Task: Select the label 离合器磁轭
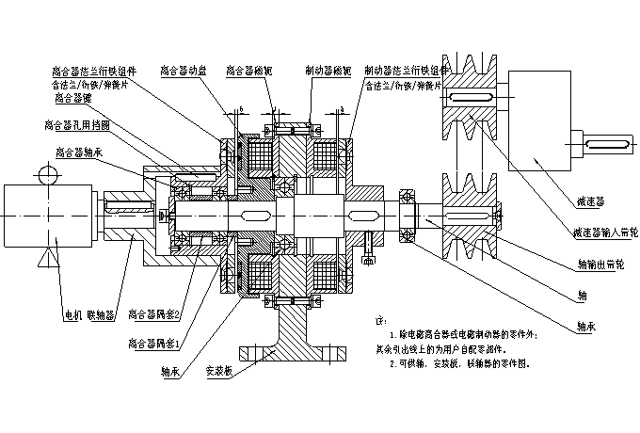click(248, 70)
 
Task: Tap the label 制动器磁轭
click(328, 70)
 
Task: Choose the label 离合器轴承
click(79, 151)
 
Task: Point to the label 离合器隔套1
click(152, 345)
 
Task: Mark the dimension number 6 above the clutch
click(242, 110)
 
